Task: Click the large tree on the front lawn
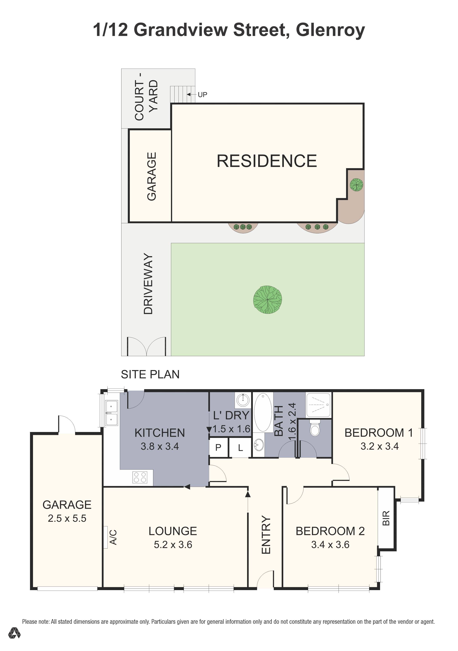coord(267,300)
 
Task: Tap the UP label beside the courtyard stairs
coord(202,95)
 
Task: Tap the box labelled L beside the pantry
coord(240,448)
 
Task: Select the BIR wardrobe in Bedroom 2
coord(386,518)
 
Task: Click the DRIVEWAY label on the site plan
coord(148,284)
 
